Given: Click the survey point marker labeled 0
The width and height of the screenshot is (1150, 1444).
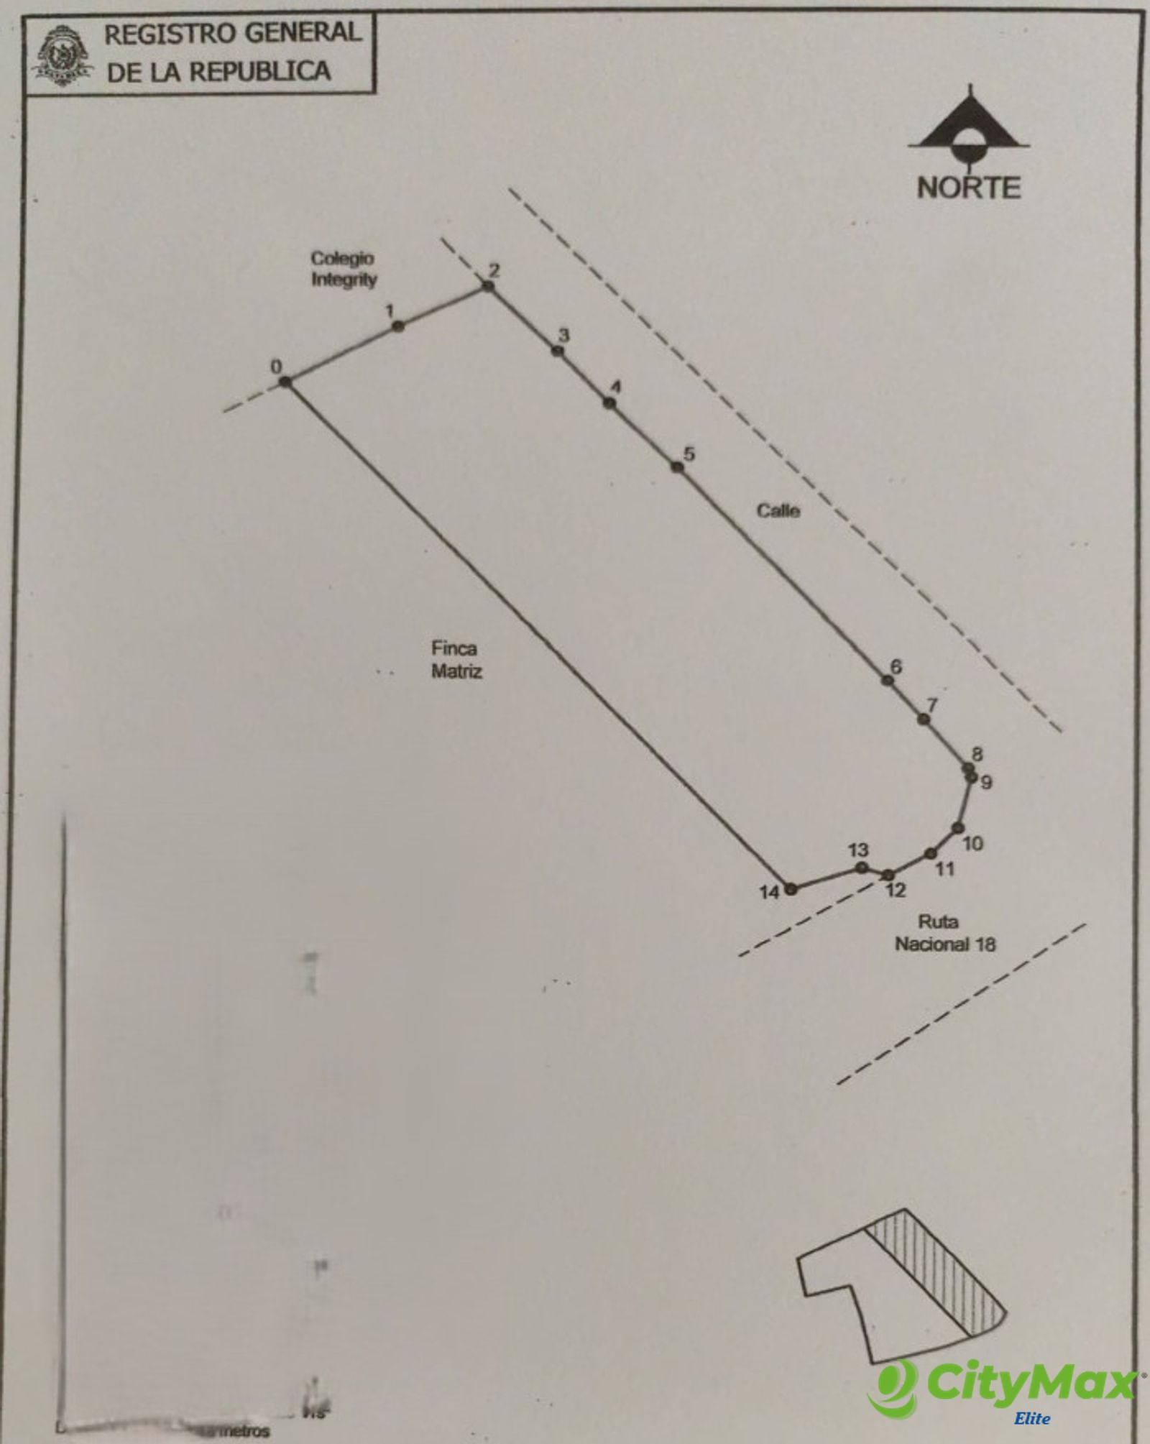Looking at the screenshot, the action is point(285,382).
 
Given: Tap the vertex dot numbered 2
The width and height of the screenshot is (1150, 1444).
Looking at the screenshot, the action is point(488,286).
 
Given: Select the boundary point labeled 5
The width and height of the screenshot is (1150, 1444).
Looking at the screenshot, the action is point(677,467).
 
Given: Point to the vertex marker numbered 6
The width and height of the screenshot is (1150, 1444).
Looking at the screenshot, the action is point(888,680).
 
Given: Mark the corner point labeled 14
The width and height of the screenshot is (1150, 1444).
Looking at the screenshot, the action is point(791,889).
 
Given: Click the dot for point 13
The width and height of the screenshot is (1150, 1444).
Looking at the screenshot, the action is point(862,868).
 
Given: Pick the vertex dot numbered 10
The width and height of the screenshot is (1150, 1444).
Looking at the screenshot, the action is point(957,828).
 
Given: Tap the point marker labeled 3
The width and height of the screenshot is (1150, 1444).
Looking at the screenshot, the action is point(558,351).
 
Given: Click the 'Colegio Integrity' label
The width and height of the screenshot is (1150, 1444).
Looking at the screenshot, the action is point(343,269).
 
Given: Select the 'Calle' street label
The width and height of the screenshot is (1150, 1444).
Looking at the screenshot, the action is point(778,510).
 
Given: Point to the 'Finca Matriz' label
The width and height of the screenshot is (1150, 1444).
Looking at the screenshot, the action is point(456,659).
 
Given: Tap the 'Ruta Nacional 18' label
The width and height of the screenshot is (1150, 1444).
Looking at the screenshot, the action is point(944,933).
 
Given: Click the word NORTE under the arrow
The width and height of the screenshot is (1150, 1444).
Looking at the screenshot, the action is point(968,188).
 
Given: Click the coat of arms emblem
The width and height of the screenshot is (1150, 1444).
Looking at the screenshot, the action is point(63,56).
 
